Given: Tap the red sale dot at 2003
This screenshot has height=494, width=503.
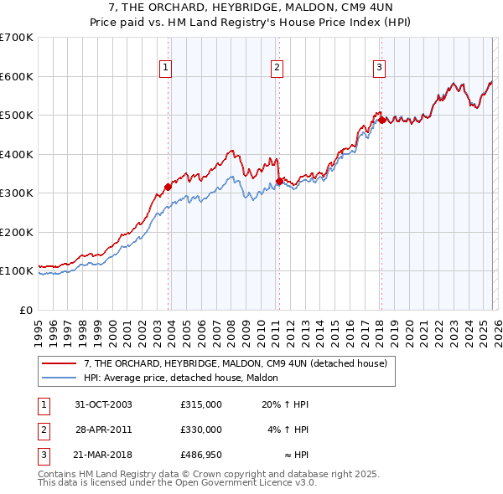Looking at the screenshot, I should tap(169, 188).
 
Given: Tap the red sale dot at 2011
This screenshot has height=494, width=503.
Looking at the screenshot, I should tap(279, 179).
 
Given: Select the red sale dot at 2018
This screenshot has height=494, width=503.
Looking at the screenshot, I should tap(381, 120).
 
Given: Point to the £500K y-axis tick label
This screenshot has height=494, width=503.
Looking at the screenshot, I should tap(16, 116).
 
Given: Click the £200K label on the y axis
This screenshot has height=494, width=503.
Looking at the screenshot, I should tap(16, 232).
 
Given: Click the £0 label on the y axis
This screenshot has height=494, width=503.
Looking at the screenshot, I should tap(25, 310).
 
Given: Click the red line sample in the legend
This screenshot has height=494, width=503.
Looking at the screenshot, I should tap(59, 364).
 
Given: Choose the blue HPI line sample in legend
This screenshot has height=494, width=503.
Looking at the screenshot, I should tap(59, 378).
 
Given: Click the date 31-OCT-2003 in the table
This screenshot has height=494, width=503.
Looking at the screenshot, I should tap(104, 404).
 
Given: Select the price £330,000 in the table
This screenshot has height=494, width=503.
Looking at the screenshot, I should tap(201, 429).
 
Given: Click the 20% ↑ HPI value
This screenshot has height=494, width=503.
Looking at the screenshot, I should tap(285, 404).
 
